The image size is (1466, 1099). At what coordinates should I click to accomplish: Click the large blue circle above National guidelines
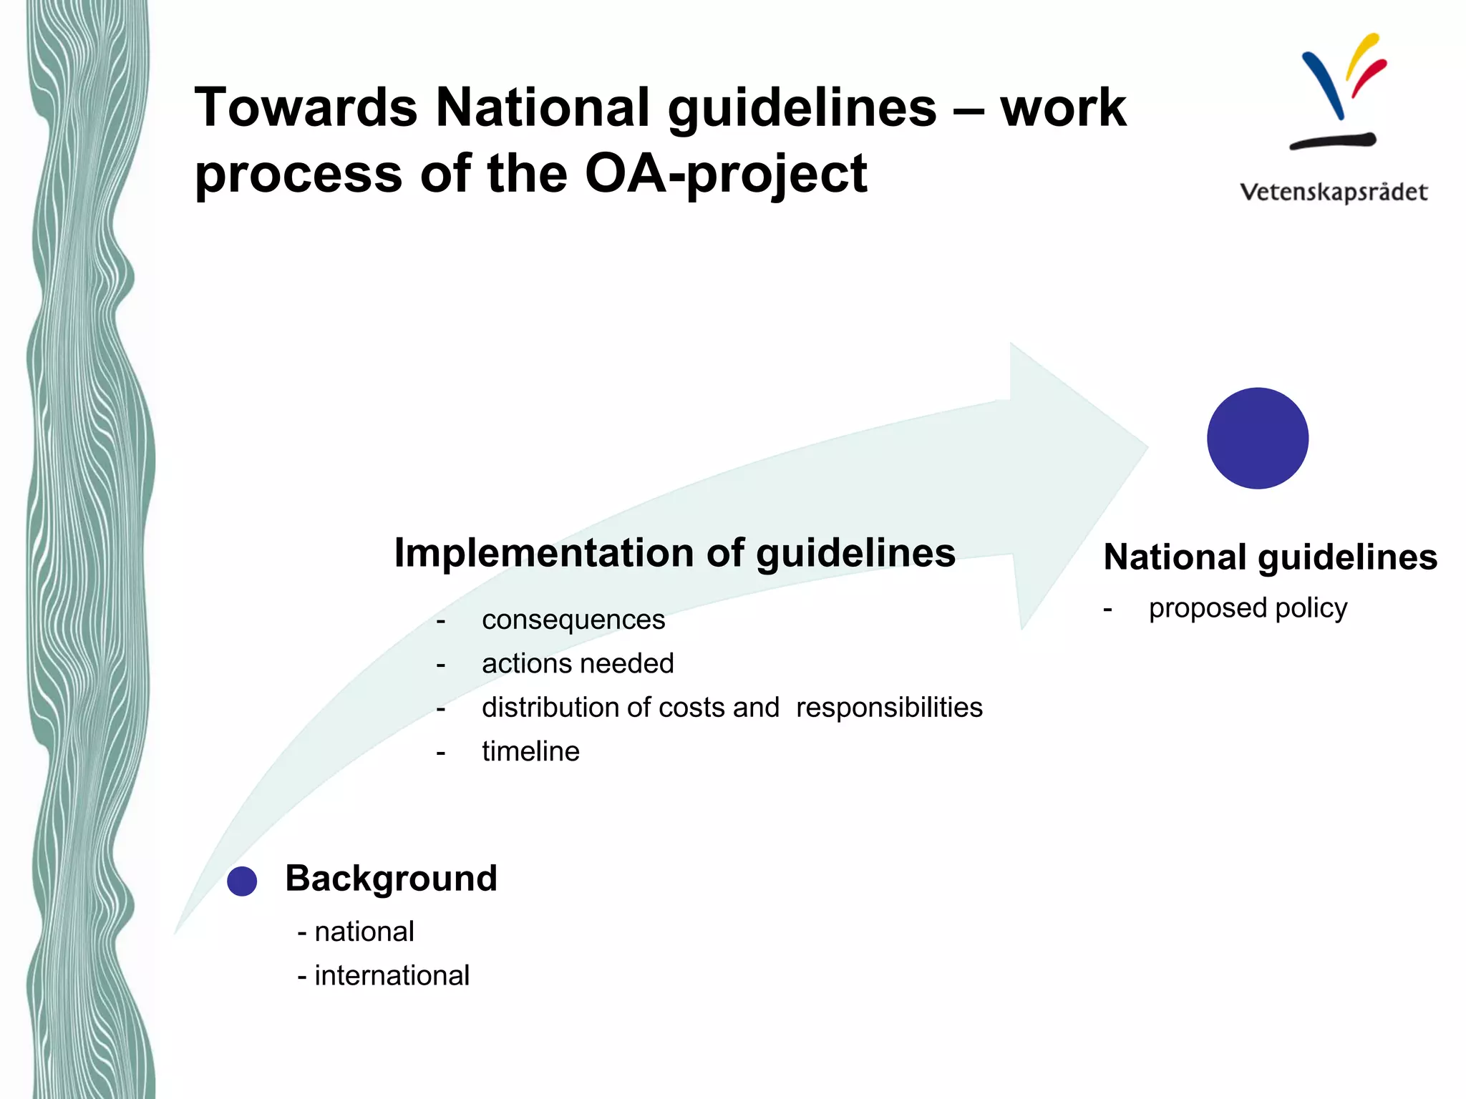click(1258, 439)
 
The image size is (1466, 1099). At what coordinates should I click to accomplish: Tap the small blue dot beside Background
click(242, 881)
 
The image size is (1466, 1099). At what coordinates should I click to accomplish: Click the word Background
click(391, 878)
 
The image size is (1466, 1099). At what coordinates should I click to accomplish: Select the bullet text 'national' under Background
click(364, 932)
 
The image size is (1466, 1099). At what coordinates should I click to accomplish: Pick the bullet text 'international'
click(392, 975)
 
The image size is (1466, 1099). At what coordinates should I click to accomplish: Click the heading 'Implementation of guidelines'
click(674, 552)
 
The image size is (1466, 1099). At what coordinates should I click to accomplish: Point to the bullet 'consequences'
click(573, 620)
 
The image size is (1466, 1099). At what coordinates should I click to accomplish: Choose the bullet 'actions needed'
click(578, 663)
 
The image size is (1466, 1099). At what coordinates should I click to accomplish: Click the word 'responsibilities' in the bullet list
click(889, 708)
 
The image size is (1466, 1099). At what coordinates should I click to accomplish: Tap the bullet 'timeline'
click(530, 751)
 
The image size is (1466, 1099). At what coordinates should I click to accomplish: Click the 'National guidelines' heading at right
click(1270, 557)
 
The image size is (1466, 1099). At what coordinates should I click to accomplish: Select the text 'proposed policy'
click(1248, 608)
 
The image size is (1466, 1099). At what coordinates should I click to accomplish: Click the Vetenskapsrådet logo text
click(1334, 192)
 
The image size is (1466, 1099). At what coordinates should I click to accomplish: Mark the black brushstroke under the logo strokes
click(1333, 141)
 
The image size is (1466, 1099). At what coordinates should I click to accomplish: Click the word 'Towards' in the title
click(306, 107)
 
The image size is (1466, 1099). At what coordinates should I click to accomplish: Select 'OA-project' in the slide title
click(725, 174)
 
